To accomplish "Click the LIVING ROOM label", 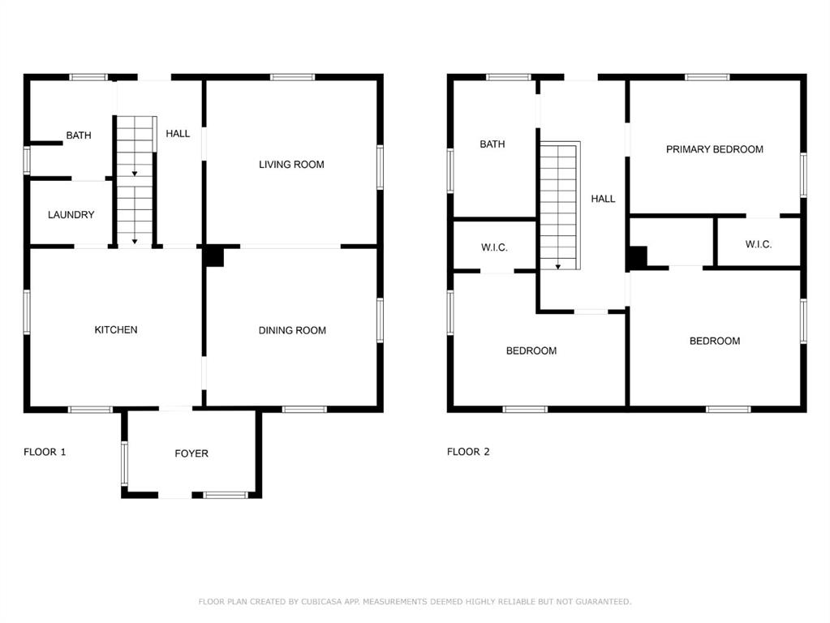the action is click(291, 165).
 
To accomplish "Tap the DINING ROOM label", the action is click(292, 330).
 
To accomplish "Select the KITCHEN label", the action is click(116, 330).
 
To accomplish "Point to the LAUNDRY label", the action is click(71, 214).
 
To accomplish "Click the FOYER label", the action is click(191, 453).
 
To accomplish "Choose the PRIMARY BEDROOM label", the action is click(715, 149).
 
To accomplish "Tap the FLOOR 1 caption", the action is click(45, 452).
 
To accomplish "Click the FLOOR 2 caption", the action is click(468, 452).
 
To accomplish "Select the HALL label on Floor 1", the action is click(178, 133).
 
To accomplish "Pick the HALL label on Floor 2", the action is click(603, 199).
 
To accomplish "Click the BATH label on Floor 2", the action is click(492, 144).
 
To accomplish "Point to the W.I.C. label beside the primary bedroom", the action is click(759, 244).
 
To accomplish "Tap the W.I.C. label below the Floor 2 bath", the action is click(494, 247).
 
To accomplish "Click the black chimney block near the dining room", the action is click(214, 256).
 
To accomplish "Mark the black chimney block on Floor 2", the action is click(638, 258).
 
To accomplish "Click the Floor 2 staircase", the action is click(560, 205).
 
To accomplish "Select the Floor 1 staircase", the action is click(135, 181).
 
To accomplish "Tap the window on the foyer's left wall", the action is click(124, 464).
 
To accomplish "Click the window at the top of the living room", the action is click(292, 77).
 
